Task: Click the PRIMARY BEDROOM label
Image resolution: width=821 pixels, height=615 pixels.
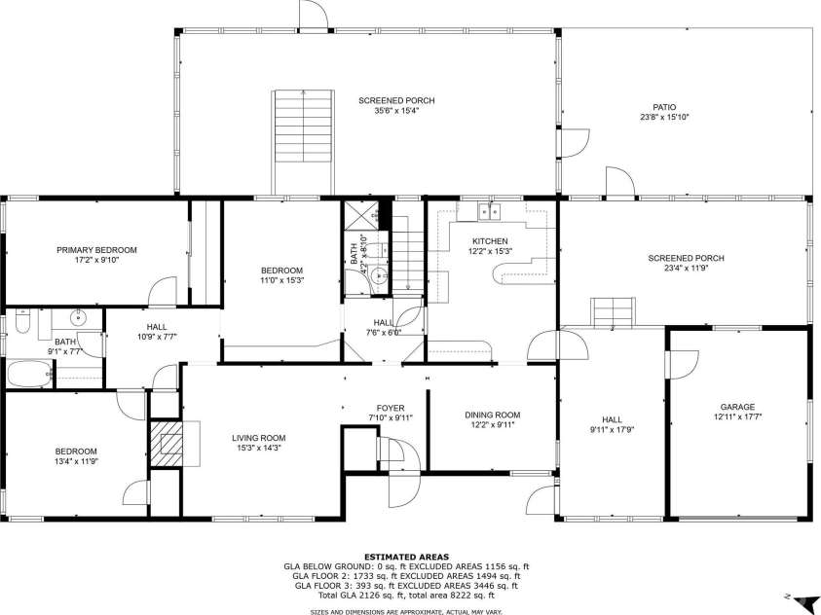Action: [x=96, y=250]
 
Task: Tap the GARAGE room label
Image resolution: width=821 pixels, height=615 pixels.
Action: [x=737, y=407]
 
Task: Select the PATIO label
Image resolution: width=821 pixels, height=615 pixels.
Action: [x=664, y=107]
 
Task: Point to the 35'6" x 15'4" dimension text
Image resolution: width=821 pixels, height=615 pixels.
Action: [x=396, y=111]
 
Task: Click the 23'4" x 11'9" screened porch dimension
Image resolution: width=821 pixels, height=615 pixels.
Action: [x=686, y=270]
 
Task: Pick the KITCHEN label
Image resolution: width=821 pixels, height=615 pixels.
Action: [x=490, y=240]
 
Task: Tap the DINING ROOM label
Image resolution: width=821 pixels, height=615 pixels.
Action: [x=492, y=415]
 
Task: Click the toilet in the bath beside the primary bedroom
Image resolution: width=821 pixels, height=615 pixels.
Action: [x=22, y=321]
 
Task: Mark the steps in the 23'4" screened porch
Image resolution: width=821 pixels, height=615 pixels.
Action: [x=614, y=313]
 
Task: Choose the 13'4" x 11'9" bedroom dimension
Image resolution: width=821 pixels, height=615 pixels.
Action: [x=75, y=461]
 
